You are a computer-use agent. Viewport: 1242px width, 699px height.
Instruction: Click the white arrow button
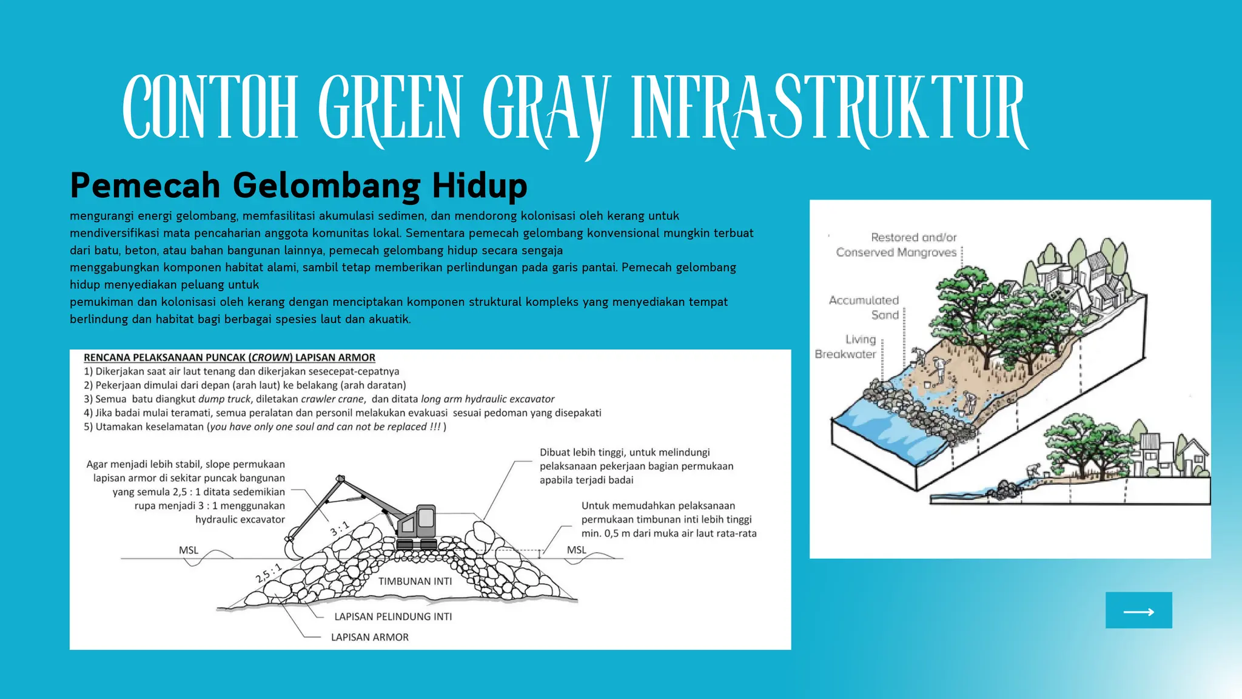(x=1138, y=610)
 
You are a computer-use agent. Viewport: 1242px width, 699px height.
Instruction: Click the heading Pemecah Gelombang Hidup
(x=298, y=185)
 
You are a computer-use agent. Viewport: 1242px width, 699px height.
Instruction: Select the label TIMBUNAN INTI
(x=415, y=581)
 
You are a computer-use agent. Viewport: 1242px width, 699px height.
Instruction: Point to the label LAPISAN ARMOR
(x=369, y=637)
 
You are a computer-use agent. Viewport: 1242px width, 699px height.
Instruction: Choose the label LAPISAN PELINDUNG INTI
(x=393, y=616)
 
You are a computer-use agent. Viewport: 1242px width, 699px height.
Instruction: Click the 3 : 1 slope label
(x=340, y=528)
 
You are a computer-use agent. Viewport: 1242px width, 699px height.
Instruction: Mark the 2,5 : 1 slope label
(x=269, y=572)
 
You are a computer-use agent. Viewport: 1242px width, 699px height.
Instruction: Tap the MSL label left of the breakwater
(x=189, y=550)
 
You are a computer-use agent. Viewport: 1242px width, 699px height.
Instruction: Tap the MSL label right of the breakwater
(x=577, y=550)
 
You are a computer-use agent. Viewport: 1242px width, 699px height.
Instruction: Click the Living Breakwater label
(x=846, y=346)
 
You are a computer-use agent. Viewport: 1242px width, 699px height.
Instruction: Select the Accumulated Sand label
(x=864, y=307)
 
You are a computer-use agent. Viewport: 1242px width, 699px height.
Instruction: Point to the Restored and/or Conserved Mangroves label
(x=896, y=245)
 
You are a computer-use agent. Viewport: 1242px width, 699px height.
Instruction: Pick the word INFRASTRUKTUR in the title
(x=828, y=108)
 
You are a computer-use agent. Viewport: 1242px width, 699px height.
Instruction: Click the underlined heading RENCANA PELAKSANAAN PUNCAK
(x=229, y=358)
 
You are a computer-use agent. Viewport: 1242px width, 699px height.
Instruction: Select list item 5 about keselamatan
(x=265, y=427)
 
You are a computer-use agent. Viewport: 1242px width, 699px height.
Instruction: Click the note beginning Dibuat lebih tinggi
(x=636, y=466)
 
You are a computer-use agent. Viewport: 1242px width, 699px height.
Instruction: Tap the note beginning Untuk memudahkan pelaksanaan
(x=668, y=519)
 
